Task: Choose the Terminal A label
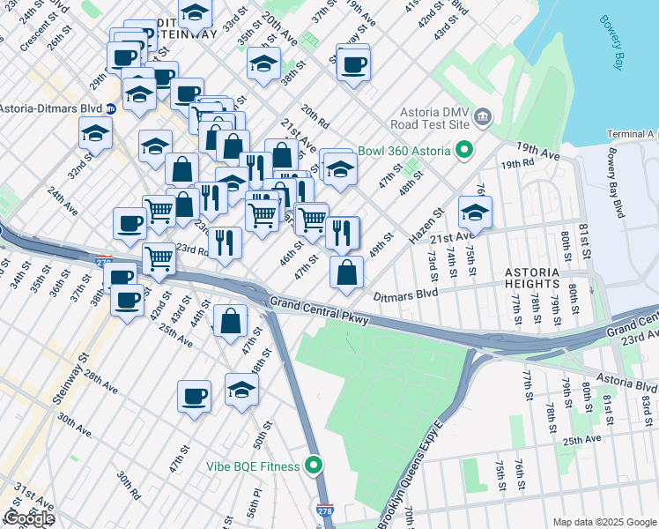coord(632,134)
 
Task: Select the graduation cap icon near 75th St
coord(475,212)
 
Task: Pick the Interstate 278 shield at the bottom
coord(324,510)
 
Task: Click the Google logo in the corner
coord(29,518)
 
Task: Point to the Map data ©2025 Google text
coord(603,522)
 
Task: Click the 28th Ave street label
coord(100,380)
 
